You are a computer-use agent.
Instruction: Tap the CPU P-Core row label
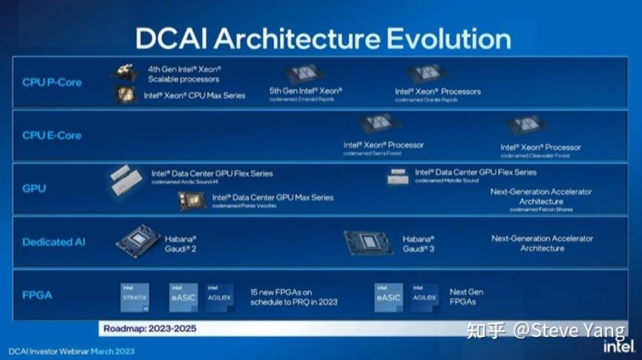pos(52,82)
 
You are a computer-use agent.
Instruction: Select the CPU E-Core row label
pos(52,136)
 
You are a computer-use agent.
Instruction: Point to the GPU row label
pos(34,189)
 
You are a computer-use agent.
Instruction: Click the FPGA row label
pos(37,295)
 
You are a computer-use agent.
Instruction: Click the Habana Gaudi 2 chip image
pos(138,241)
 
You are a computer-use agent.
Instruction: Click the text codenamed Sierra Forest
pos(372,154)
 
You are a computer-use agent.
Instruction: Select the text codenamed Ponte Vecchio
pos(244,206)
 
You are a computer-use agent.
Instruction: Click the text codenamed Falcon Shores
pos(541,210)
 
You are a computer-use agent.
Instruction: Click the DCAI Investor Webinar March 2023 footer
pos(72,350)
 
